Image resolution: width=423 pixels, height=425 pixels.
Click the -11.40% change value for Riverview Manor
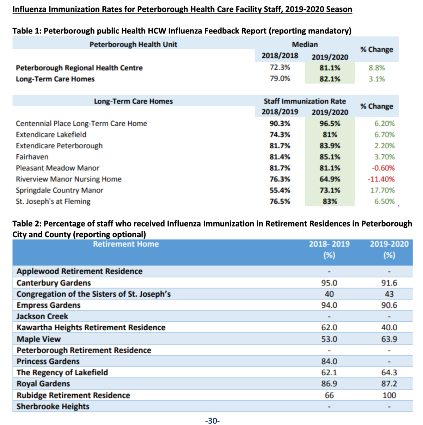pyautogui.click(x=381, y=179)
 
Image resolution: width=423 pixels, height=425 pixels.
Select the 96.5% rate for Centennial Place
pyautogui.click(x=330, y=123)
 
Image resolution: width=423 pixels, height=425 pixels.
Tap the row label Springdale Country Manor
pyautogui.click(x=59, y=190)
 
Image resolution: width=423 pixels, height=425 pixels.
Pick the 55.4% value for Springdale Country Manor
pyautogui.click(x=280, y=190)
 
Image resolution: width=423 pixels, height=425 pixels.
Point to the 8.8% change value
pyautogui.click(x=377, y=68)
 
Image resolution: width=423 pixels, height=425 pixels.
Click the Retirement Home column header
pyautogui.click(x=126, y=244)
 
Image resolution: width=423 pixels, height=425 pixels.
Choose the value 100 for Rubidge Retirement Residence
pyautogui.click(x=389, y=395)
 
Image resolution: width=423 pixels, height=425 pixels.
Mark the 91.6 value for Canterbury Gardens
pyautogui.click(x=389, y=283)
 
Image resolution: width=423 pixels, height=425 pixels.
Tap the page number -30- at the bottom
pyautogui.click(x=212, y=421)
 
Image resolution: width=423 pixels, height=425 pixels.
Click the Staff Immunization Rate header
pyautogui.click(x=305, y=101)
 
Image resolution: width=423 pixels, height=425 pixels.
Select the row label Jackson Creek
pyautogui.click(x=42, y=316)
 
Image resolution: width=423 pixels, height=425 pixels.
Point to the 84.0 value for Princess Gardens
pyautogui.click(x=329, y=362)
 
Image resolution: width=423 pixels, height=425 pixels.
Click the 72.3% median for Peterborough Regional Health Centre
pyautogui.click(x=280, y=67)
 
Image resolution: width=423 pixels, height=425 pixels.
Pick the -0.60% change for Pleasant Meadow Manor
pyautogui.click(x=383, y=168)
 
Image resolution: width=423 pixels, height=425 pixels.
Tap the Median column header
pyautogui.click(x=305, y=44)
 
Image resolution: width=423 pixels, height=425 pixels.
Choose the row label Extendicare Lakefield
pyautogui.click(x=51, y=135)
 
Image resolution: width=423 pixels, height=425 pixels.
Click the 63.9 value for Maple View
pyautogui.click(x=389, y=339)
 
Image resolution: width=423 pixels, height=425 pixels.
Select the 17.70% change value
pyautogui.click(x=382, y=190)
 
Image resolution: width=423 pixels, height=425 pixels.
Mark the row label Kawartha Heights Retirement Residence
pyautogui.click(x=91, y=327)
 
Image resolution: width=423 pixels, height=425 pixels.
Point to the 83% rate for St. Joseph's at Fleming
pyautogui.click(x=330, y=201)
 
